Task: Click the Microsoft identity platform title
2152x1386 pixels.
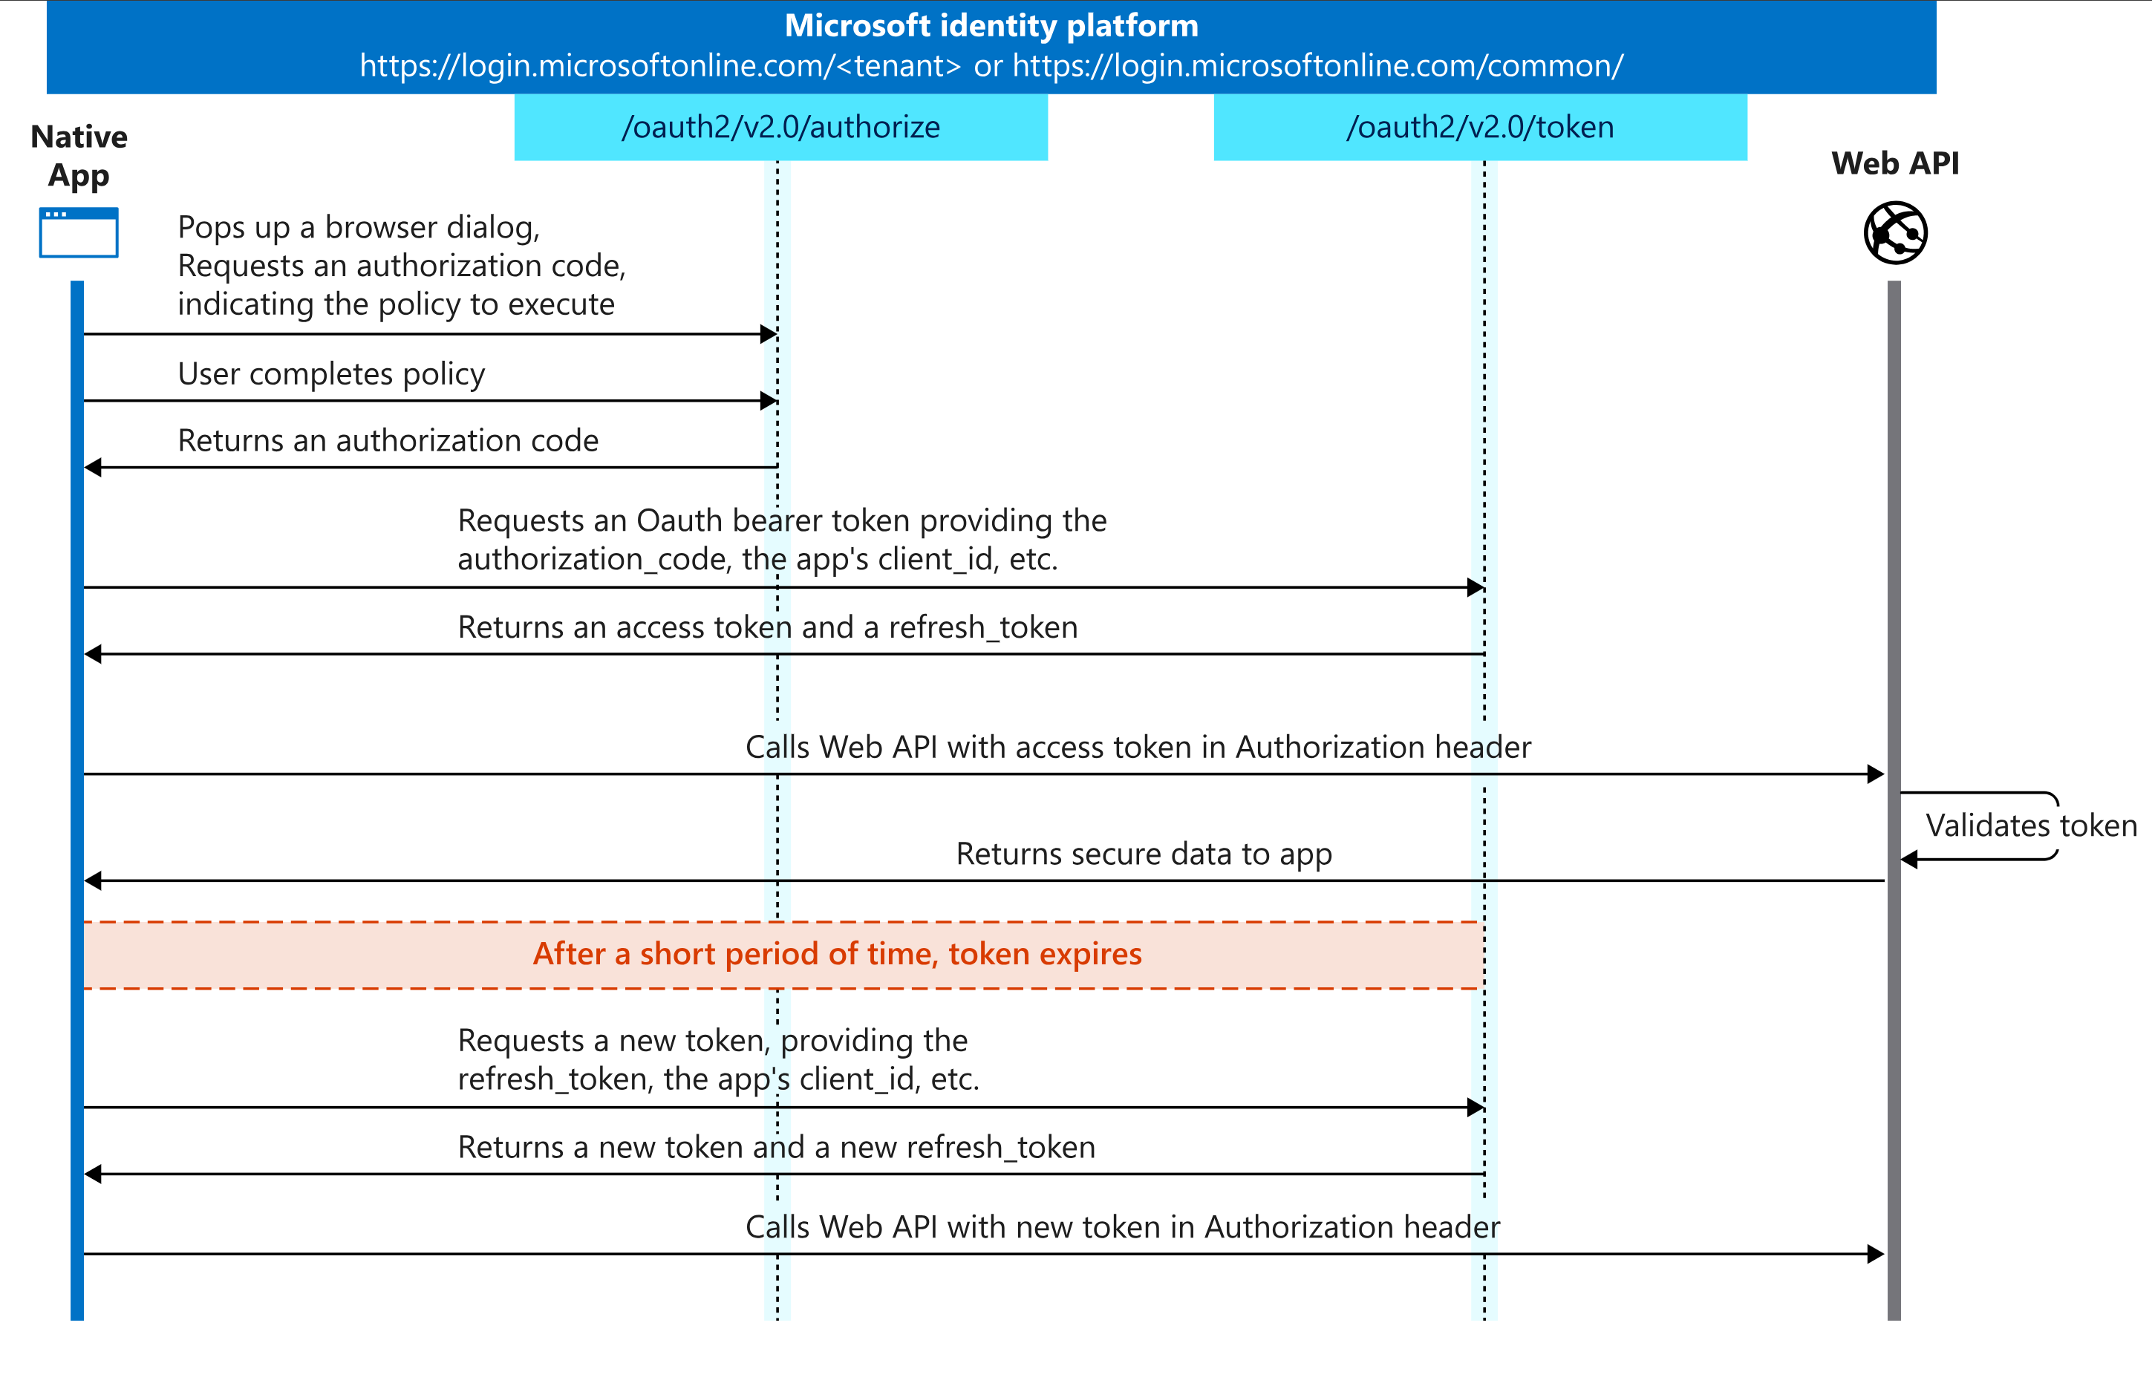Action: pyautogui.click(x=991, y=25)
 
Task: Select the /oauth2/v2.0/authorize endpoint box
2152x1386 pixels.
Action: pyautogui.click(x=780, y=127)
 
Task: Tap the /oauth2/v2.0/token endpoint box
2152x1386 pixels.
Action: pyautogui.click(x=1480, y=127)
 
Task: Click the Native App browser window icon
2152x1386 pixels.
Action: pyautogui.click(x=78, y=233)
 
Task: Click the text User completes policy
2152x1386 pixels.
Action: pyautogui.click(x=331, y=373)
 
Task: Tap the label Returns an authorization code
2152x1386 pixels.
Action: pyautogui.click(x=388, y=440)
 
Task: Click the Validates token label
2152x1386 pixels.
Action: pyautogui.click(x=2030, y=826)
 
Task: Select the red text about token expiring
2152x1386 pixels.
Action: pyautogui.click(x=837, y=954)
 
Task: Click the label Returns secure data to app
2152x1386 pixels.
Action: pyautogui.click(x=1143, y=853)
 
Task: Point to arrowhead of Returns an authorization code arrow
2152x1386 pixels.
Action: pyautogui.click(x=93, y=467)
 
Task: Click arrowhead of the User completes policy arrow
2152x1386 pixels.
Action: pyautogui.click(x=769, y=400)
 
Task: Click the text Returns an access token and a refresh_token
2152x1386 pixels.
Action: pyautogui.click(x=767, y=627)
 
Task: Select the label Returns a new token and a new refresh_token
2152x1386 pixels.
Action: pyautogui.click(x=776, y=1148)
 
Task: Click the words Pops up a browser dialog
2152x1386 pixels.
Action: pyautogui.click(x=358, y=228)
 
